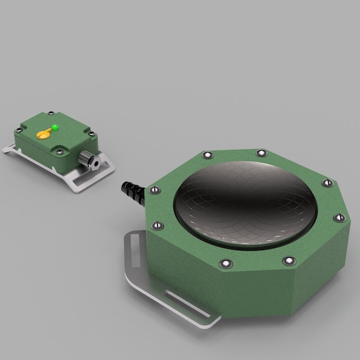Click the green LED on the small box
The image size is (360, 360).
pyautogui.click(x=56, y=127)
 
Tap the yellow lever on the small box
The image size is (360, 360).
pyautogui.click(x=45, y=133)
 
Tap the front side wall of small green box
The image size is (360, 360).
pyautogui.click(x=38, y=151)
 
